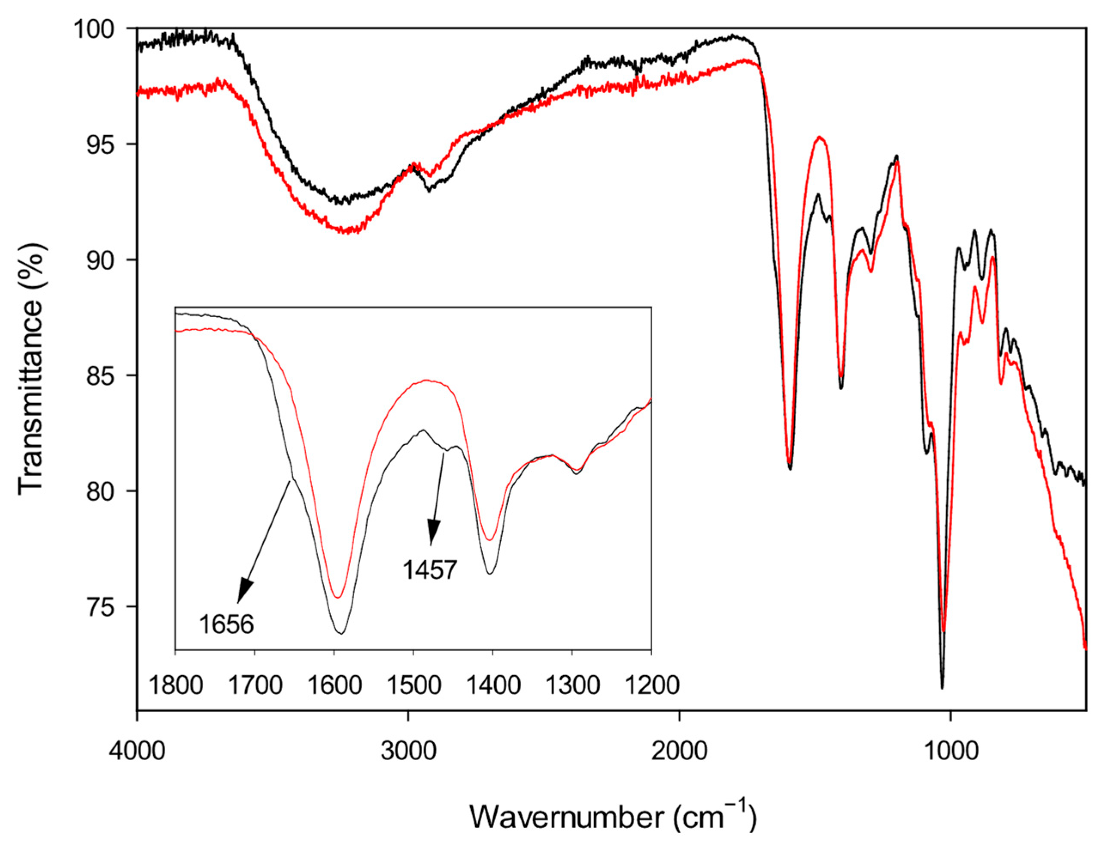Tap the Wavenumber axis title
tap(613, 816)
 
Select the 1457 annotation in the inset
tap(430, 571)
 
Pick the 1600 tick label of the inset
tap(334, 686)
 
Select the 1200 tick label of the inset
tap(651, 686)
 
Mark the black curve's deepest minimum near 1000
tap(942, 688)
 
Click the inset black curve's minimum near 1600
tap(341, 634)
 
